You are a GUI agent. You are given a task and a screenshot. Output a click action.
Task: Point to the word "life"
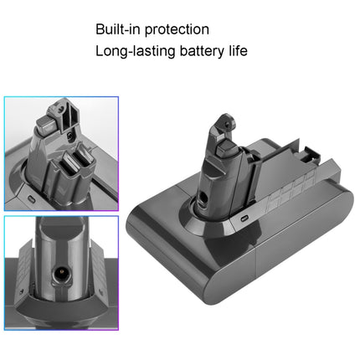(235, 51)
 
